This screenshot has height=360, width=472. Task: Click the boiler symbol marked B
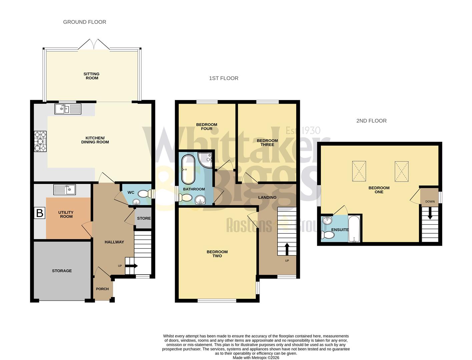click(40, 213)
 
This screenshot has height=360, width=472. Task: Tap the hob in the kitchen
click(40, 141)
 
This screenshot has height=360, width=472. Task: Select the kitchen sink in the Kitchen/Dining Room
click(68, 109)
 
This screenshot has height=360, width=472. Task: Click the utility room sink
click(64, 190)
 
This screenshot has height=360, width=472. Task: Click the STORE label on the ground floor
click(144, 218)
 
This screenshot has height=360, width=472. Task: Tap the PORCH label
click(102, 289)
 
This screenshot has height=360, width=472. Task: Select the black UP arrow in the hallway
click(133, 266)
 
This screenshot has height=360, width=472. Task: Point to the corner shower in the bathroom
click(205, 159)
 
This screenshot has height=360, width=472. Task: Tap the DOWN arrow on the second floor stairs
click(430, 214)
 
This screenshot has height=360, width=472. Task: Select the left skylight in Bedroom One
click(359, 172)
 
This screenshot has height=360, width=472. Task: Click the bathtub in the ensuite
click(354, 230)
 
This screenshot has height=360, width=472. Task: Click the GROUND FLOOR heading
click(85, 22)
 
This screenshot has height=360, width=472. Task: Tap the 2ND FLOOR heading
click(371, 121)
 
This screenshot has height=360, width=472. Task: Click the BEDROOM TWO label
click(217, 254)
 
